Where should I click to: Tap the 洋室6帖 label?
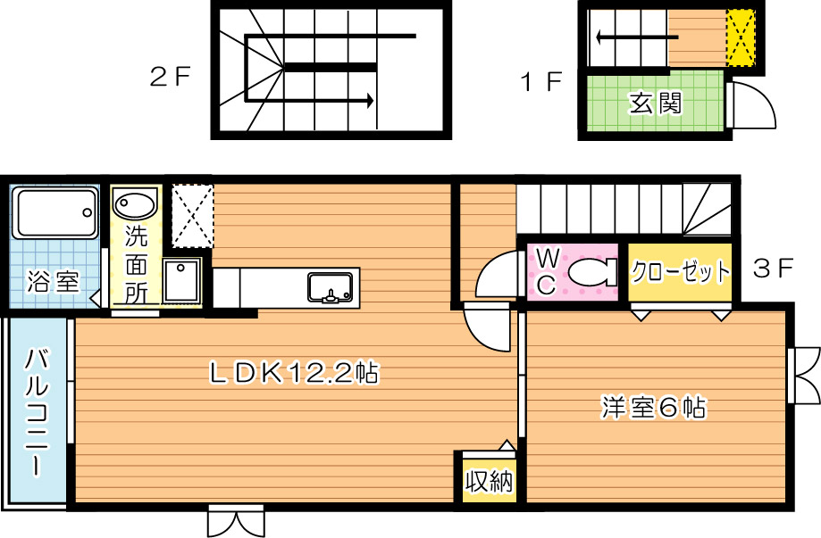tap(653, 409)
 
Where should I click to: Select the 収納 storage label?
tap(488, 483)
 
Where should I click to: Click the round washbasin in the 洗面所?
tap(135, 204)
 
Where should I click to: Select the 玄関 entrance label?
tap(656, 103)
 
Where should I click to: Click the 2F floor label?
tap(171, 78)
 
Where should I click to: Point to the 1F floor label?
tap(541, 83)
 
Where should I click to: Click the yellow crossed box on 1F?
tap(740, 38)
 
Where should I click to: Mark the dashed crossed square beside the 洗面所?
tap(192, 215)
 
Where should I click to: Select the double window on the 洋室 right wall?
tap(804, 373)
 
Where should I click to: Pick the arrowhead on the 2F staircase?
tap(367, 101)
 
